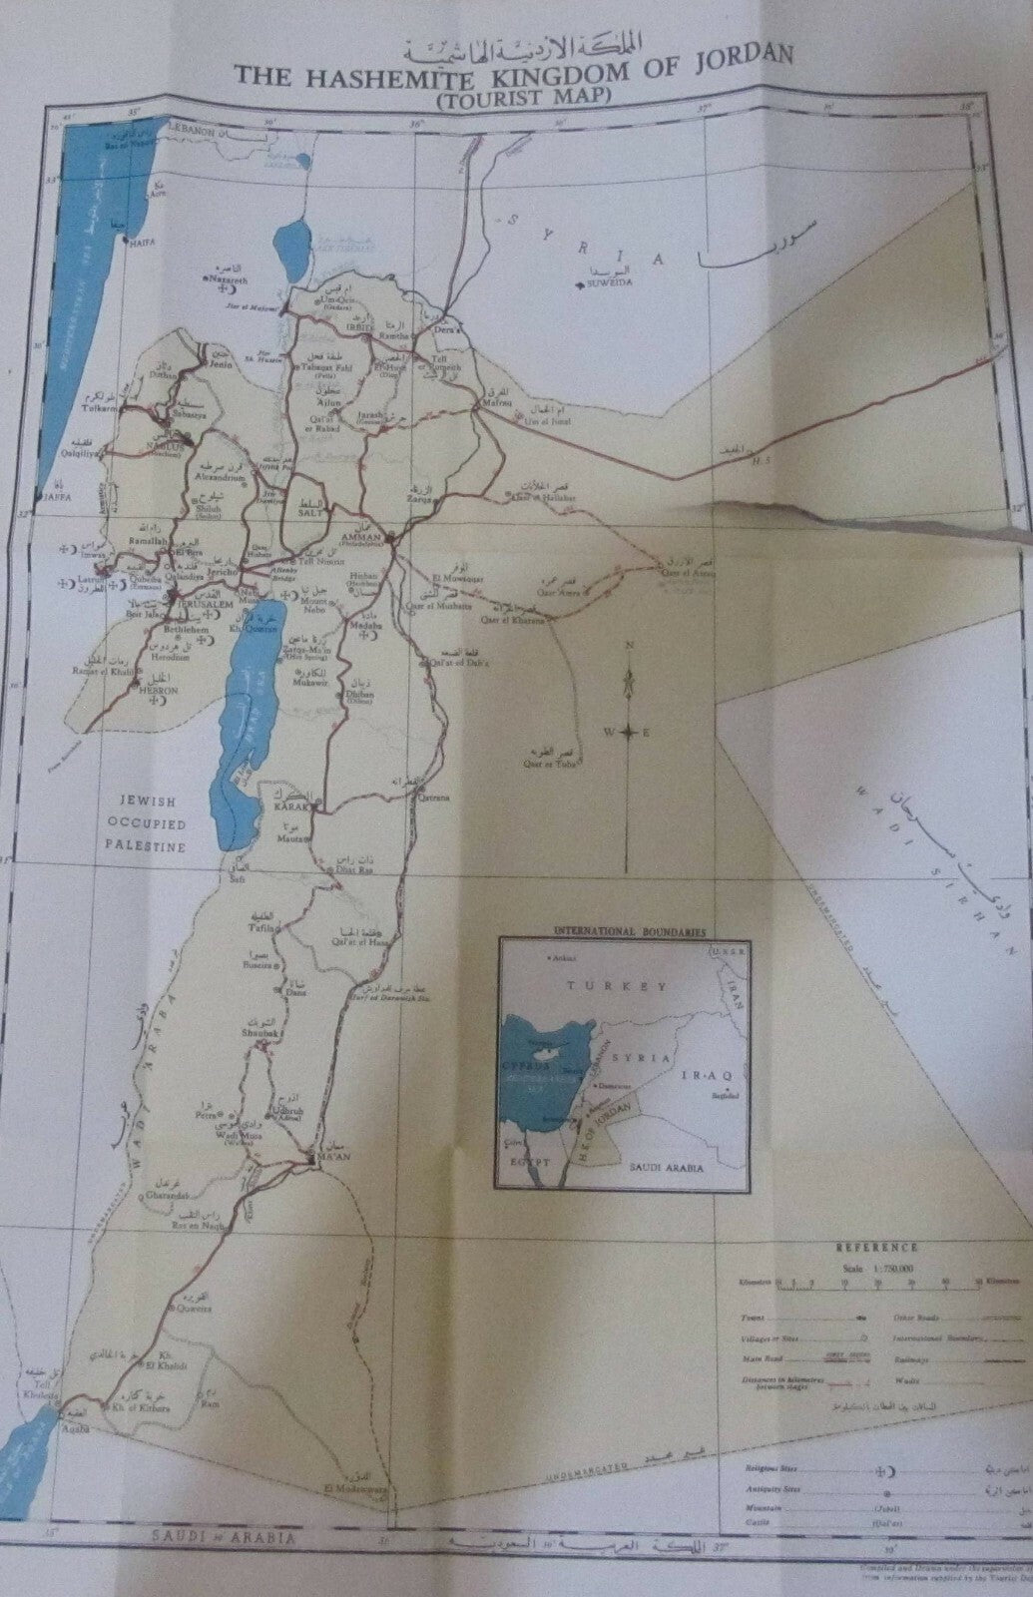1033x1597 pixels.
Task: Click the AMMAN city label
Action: pos(358,535)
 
